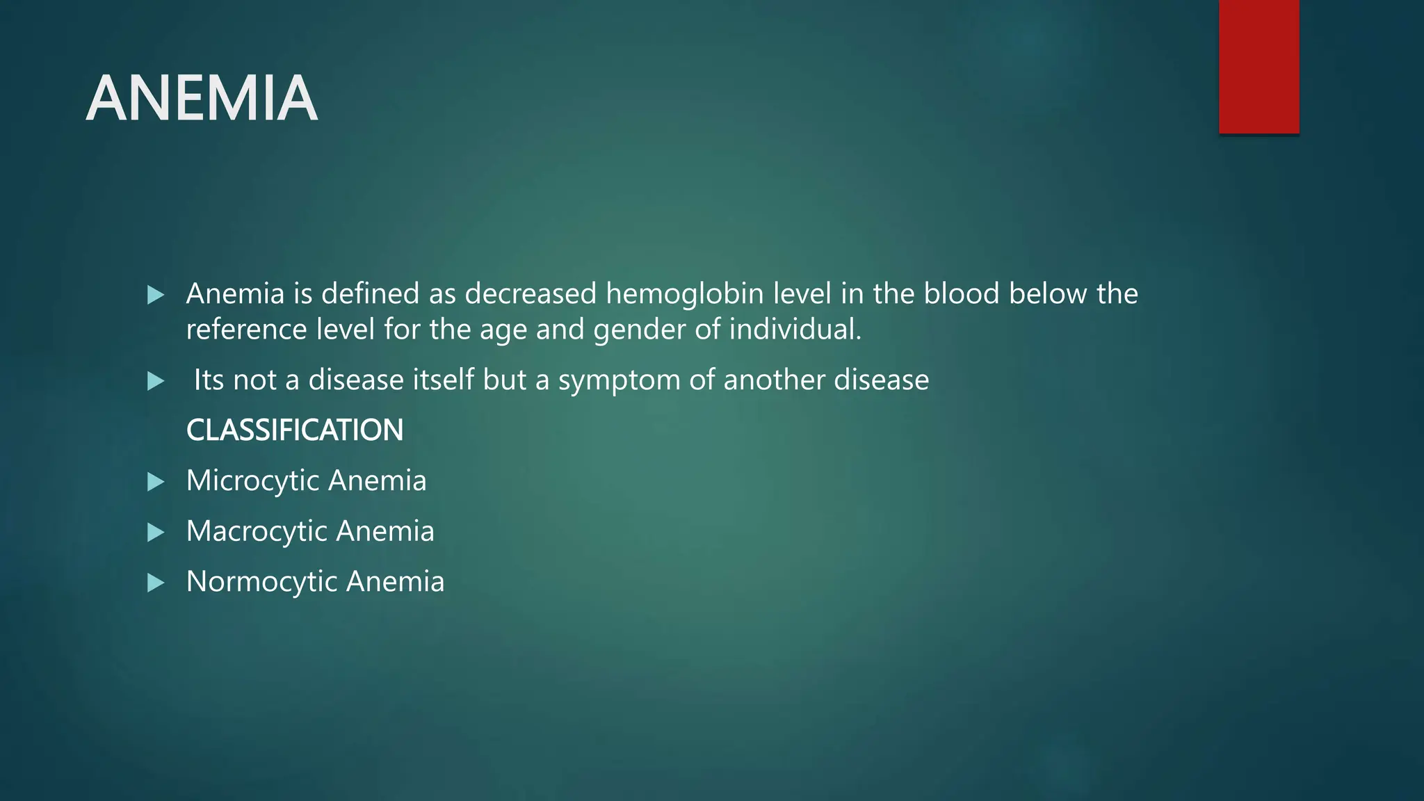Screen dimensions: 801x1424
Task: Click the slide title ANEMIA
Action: pyautogui.click(x=202, y=99)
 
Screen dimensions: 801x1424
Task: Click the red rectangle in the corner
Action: pyautogui.click(x=1259, y=66)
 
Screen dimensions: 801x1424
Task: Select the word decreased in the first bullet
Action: pyautogui.click(x=531, y=294)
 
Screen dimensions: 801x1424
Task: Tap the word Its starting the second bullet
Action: pyautogui.click(x=209, y=380)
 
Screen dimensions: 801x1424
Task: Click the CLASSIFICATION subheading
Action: pyautogui.click(x=295, y=430)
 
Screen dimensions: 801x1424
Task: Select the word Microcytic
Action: pyautogui.click(x=252, y=481)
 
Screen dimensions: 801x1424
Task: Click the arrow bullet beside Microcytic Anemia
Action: pyautogui.click(x=156, y=482)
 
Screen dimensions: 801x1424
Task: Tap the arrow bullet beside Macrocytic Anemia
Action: pyautogui.click(x=156, y=533)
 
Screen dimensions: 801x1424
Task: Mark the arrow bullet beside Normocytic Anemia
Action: pyautogui.click(x=156, y=583)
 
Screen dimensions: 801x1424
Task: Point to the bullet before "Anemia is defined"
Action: pyautogui.click(x=156, y=295)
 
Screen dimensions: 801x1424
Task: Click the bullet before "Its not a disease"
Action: pyautogui.click(x=156, y=381)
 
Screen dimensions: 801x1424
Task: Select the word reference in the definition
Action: pyautogui.click(x=246, y=330)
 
